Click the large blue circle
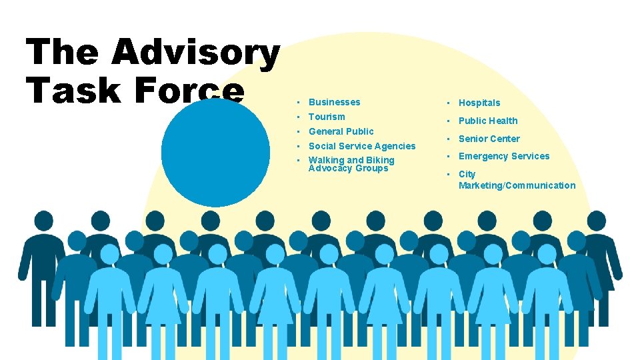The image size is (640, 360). (x=215, y=153)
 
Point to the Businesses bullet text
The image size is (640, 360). (x=334, y=102)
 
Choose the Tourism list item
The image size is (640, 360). (x=327, y=117)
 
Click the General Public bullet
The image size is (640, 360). (x=341, y=131)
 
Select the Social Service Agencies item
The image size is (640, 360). (x=361, y=146)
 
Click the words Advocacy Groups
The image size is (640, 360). (x=348, y=169)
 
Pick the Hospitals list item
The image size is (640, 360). (x=479, y=103)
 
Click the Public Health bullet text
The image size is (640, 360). (x=487, y=121)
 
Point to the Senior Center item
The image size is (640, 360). (x=489, y=139)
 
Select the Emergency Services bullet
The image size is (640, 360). (x=503, y=156)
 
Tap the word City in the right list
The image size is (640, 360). (x=467, y=174)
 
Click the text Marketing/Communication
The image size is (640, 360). (x=517, y=185)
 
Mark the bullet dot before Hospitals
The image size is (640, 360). (x=449, y=103)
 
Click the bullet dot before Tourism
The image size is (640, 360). (x=299, y=117)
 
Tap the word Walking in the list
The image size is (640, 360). (x=325, y=160)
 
